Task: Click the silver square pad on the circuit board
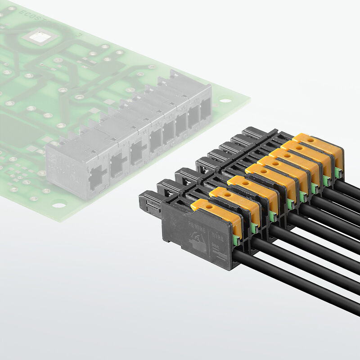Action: [x=40, y=36]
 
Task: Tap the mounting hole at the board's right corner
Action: [x=224, y=100]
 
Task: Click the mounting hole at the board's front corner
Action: [x=58, y=205]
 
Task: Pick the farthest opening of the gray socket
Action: [x=205, y=109]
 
